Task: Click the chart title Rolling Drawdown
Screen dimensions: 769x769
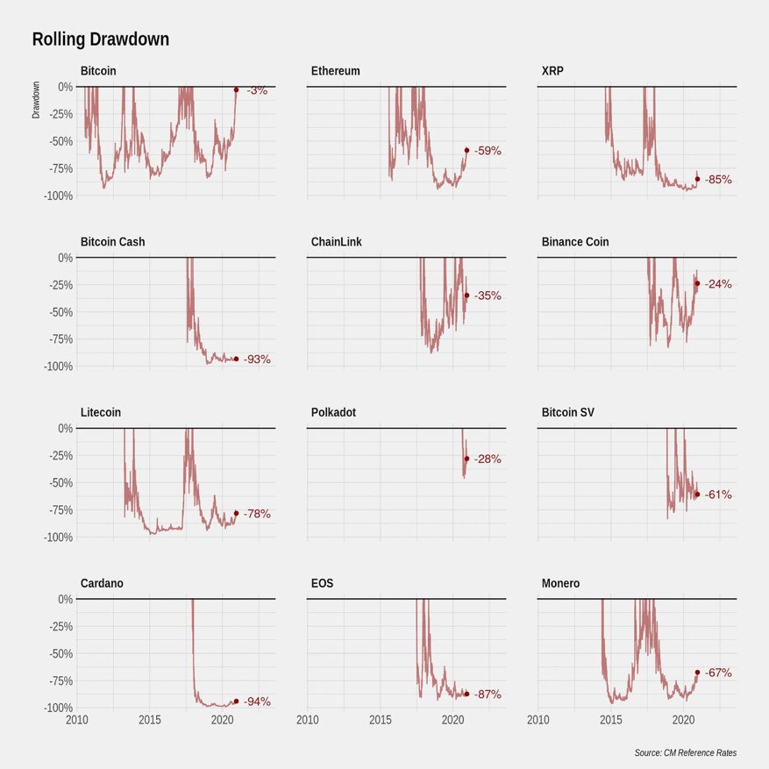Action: coord(101,39)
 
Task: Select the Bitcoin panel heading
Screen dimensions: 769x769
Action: coord(98,71)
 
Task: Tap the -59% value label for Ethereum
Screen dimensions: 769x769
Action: coord(488,151)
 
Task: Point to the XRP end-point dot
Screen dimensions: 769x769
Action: coord(697,179)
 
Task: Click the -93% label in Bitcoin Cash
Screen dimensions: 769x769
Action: coord(257,359)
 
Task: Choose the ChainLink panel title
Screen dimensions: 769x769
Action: coord(336,242)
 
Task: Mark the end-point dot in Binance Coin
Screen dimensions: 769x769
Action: coord(697,283)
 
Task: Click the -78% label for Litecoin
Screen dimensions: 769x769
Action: coord(257,514)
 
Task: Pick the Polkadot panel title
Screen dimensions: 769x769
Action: coord(334,413)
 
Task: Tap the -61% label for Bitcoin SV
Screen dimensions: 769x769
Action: coord(718,495)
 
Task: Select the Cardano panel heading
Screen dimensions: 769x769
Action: coord(102,584)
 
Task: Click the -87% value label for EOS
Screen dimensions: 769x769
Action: coord(488,694)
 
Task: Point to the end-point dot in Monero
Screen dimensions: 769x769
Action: coord(697,673)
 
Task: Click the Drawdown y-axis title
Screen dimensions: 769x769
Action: coord(37,100)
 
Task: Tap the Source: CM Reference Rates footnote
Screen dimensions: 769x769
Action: coord(686,753)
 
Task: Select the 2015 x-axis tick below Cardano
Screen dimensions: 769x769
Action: coord(150,720)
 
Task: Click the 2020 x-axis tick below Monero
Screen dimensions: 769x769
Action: coord(683,720)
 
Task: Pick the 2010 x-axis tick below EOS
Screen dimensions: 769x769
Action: coord(308,720)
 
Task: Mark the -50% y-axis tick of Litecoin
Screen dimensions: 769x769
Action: coord(59,482)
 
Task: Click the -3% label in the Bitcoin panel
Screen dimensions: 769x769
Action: coord(257,90)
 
